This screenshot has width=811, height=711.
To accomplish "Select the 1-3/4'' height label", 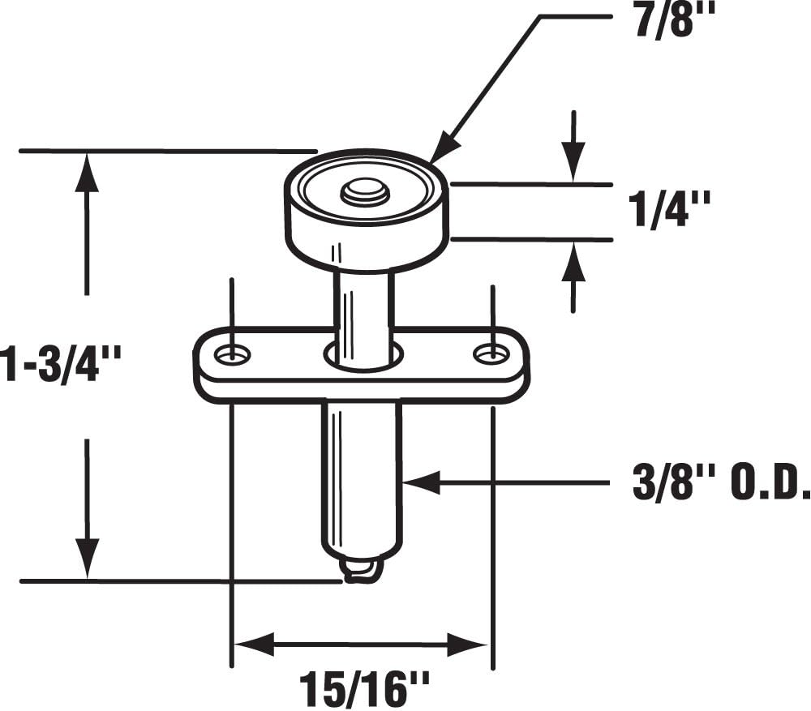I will point(61,364).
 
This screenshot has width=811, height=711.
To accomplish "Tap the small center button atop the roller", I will point(365,192).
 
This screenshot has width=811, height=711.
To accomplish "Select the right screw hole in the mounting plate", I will point(489,353).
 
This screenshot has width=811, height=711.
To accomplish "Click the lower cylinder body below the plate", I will point(362,478).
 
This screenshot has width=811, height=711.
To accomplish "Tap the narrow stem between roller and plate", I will point(364,308).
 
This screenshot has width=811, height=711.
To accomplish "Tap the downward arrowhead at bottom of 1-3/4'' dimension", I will point(87,559).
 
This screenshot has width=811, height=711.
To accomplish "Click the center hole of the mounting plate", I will point(364,354).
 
